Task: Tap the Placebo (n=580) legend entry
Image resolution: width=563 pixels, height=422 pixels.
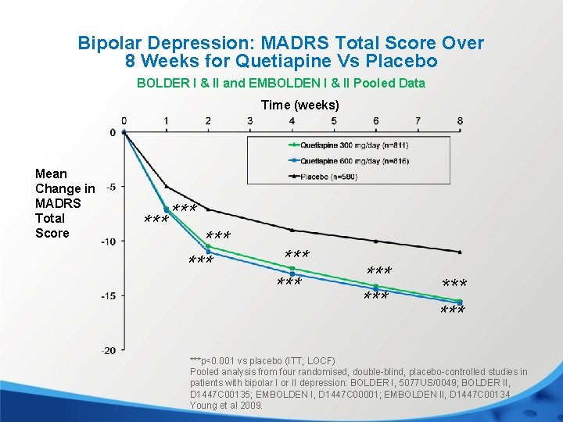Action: [328, 177]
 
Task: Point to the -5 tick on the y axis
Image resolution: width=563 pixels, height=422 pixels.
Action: [110, 187]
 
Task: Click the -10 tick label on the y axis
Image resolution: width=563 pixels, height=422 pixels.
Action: [109, 241]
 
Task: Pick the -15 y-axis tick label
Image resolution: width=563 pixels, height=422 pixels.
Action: [109, 295]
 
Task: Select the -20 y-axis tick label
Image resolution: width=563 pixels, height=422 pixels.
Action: [109, 349]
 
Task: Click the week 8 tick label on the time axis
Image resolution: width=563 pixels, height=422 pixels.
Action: [460, 120]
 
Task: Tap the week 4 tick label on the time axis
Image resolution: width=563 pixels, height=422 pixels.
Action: [292, 120]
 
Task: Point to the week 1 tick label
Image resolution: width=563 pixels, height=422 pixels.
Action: [166, 120]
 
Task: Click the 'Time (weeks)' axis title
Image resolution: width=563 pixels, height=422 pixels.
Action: [299, 105]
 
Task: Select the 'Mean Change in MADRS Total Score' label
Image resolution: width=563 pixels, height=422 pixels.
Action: [65, 203]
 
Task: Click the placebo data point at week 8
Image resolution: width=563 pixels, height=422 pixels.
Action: [460, 252]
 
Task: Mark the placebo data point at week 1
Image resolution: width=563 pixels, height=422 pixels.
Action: [166, 186]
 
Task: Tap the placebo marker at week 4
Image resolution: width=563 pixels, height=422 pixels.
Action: [292, 230]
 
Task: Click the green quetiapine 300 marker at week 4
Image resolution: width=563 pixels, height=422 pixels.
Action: [292, 268]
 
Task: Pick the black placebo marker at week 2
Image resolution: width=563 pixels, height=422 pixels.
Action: [208, 209]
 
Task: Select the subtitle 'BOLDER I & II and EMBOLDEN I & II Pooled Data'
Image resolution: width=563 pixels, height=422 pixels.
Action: [281, 83]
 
